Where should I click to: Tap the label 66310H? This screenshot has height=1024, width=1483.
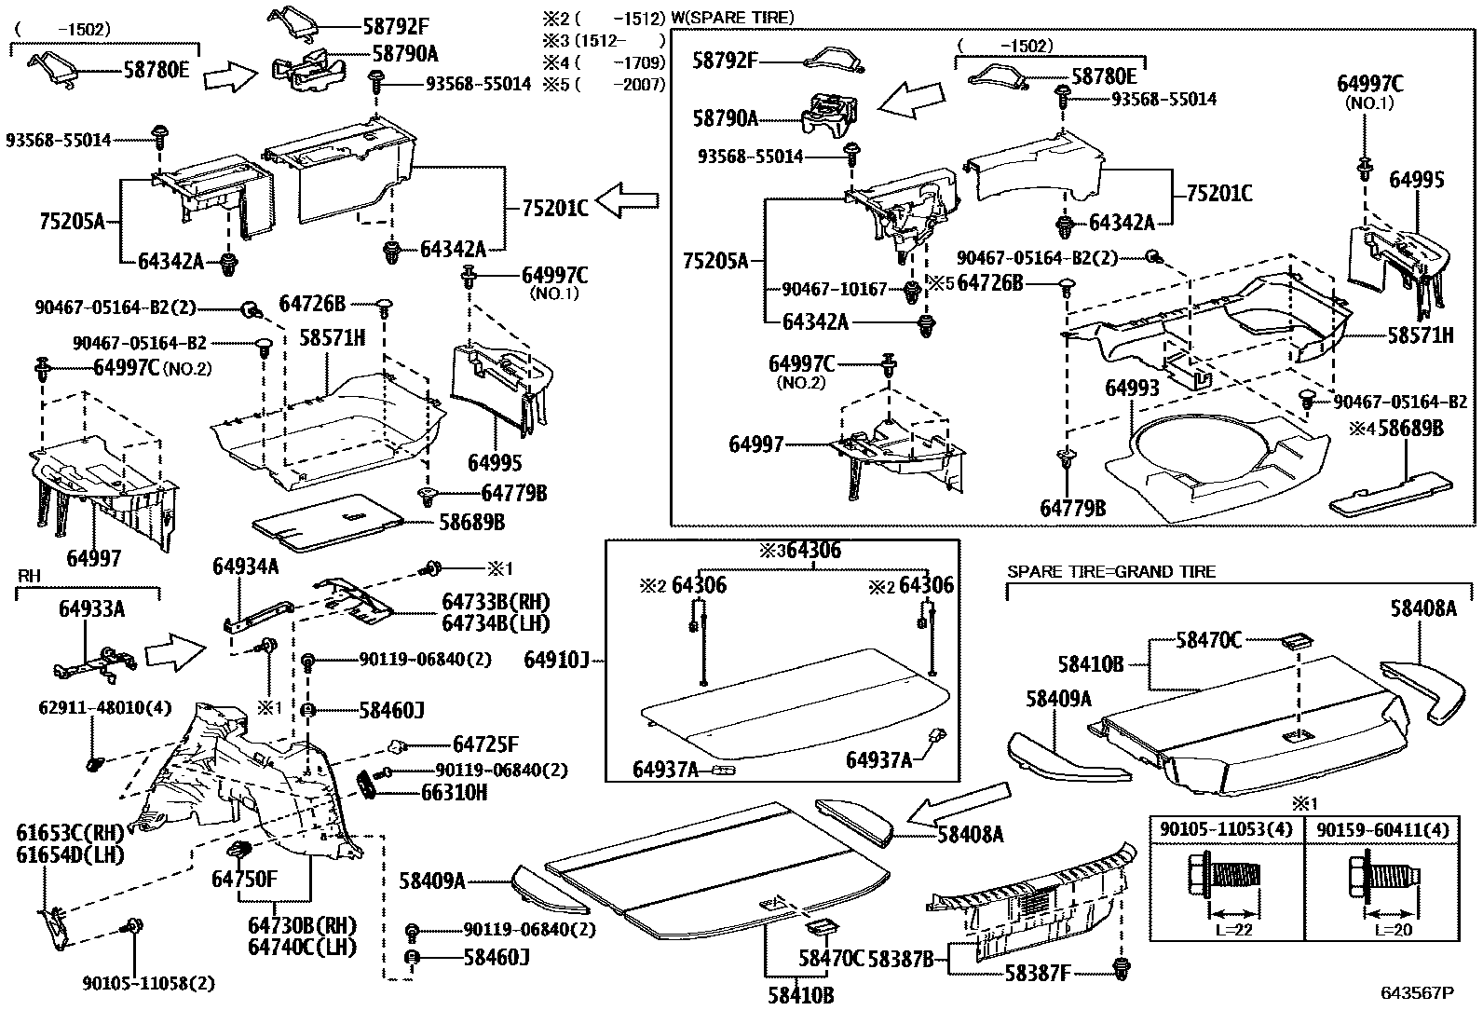(454, 793)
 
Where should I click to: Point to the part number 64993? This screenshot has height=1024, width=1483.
(1132, 388)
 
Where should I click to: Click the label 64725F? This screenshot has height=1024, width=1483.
(485, 744)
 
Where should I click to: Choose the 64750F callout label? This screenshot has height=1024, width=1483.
(244, 879)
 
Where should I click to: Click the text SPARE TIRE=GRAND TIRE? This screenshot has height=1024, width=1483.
(1111, 571)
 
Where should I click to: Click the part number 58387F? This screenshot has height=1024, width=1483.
(1037, 974)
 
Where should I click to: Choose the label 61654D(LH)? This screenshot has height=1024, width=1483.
(71, 853)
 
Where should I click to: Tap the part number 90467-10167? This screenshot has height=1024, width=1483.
(835, 290)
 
